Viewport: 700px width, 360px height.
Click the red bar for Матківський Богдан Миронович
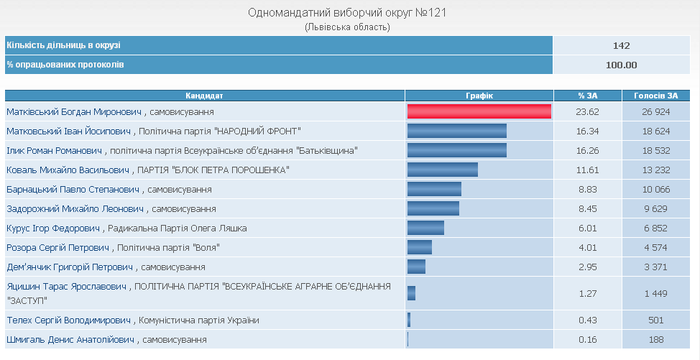coord(479,111)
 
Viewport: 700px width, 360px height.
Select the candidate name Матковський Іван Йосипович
coord(69,131)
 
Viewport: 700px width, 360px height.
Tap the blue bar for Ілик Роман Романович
coord(457,150)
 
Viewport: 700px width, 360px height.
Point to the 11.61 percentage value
coord(588,170)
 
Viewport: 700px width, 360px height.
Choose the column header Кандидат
coord(205,95)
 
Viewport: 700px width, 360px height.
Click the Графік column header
coord(479,95)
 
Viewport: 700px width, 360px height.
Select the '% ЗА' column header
coord(588,95)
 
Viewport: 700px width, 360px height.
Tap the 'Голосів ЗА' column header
coord(656,95)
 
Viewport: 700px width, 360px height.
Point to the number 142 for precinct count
coord(622,45)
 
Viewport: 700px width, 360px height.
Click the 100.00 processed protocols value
coord(622,65)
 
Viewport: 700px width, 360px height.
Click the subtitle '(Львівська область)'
coord(348,27)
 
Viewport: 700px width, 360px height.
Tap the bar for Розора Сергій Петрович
coord(420,247)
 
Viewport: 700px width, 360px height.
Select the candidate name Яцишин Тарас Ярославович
coord(67,286)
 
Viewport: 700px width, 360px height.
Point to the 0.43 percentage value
coord(588,320)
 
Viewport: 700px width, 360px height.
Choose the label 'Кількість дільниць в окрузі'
coord(64,45)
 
